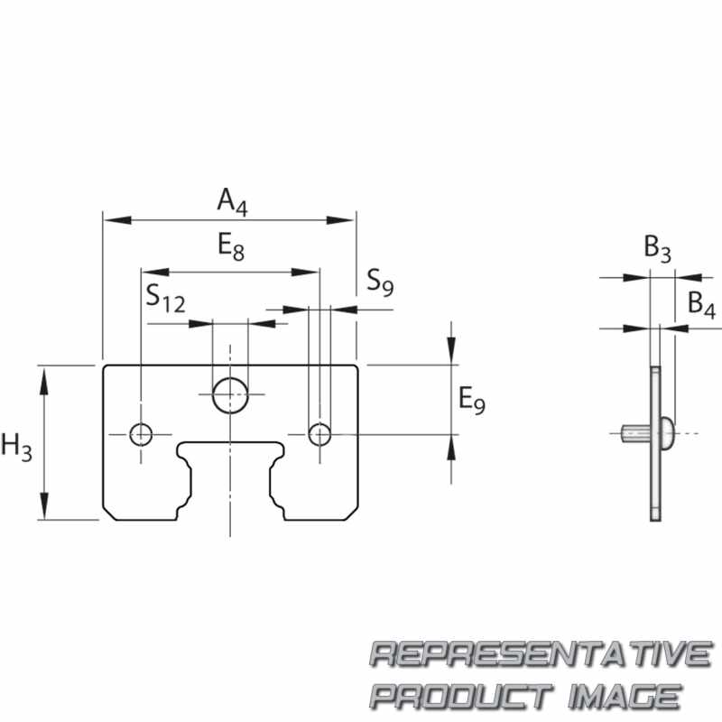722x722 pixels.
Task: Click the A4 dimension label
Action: coord(231,201)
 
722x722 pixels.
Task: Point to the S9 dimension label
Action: coord(380,284)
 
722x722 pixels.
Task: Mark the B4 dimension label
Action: coord(701,304)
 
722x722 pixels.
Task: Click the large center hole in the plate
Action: coord(230,393)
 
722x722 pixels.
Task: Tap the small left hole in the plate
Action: coord(142,434)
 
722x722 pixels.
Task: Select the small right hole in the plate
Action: coord(319,434)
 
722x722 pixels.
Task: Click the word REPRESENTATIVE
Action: coord(541,653)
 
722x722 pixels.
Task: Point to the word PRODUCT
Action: coord(459,696)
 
